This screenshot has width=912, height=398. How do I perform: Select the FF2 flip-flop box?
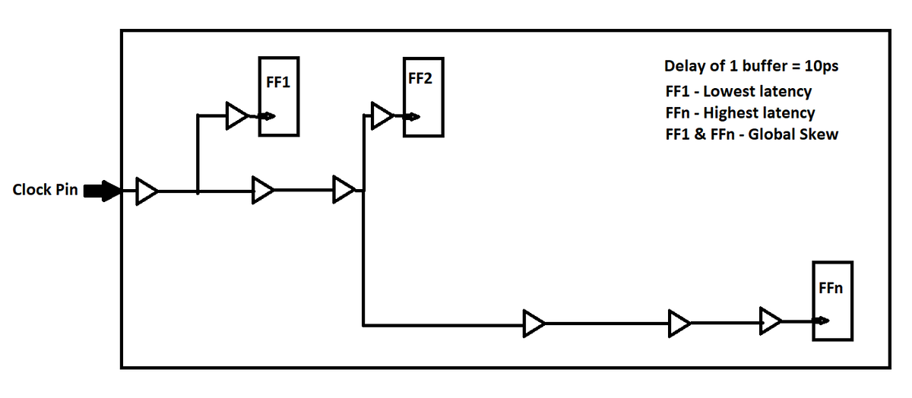(423, 96)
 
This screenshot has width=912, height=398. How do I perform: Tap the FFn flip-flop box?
(832, 301)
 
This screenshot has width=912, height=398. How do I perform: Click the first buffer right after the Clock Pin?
(146, 191)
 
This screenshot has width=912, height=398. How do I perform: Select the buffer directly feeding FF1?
(236, 116)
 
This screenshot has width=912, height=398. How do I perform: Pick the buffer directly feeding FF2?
(380, 116)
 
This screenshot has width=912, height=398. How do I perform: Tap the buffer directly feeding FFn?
(770, 321)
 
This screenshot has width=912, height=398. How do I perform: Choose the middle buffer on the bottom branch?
(679, 323)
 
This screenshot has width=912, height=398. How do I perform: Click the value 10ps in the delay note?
(821, 66)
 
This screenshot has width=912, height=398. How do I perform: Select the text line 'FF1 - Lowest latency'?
(738, 91)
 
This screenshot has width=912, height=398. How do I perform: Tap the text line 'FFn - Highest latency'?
(739, 113)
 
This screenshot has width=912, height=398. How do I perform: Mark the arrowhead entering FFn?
(820, 321)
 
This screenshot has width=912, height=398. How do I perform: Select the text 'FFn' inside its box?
(831, 289)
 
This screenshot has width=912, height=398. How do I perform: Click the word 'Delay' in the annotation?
(685, 66)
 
